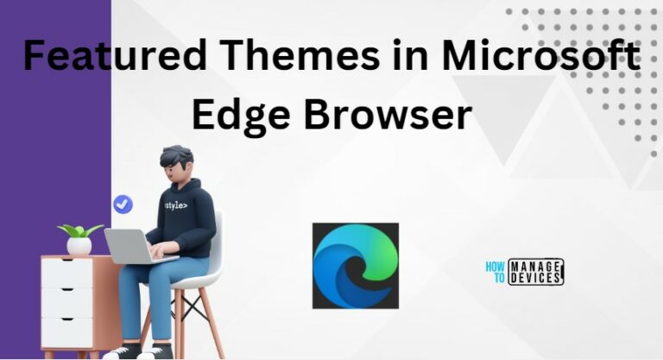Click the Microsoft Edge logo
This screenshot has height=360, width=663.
point(355,265)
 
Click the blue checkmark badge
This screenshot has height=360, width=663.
point(123,204)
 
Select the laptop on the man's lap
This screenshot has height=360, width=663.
point(130,245)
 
